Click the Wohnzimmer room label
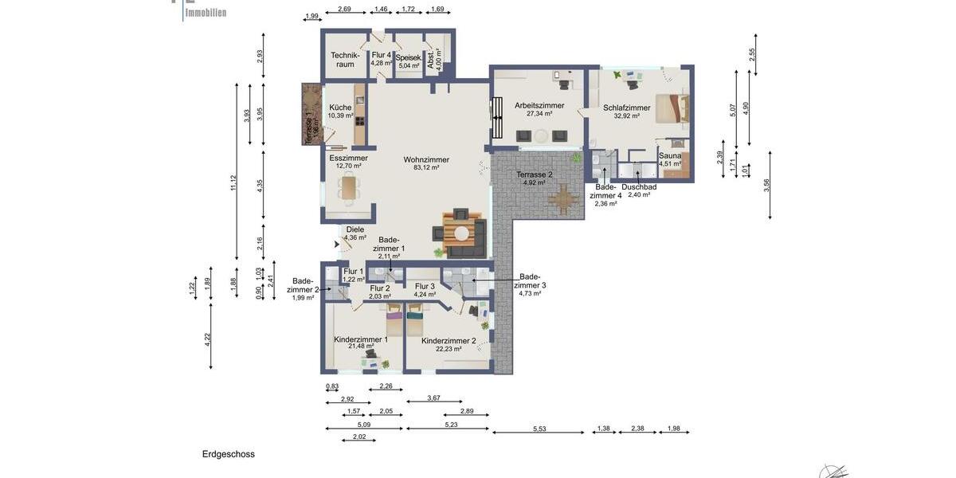(426, 159)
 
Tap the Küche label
(340, 108)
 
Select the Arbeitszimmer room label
(539, 105)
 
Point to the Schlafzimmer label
(626, 108)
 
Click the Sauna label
(670, 155)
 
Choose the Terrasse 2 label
(534, 174)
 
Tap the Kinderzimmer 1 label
(361, 339)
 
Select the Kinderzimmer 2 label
(449, 340)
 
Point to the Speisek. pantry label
(408, 57)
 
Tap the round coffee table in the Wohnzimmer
(461, 233)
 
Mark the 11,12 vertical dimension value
(233, 182)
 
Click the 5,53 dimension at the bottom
(539, 429)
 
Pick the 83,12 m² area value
(426, 168)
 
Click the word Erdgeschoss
(229, 454)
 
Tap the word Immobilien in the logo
(206, 13)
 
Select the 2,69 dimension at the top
(344, 9)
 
